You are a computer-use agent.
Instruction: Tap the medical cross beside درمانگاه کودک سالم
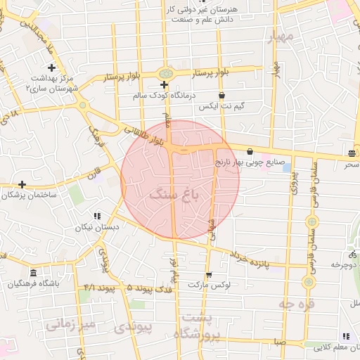click(164, 84)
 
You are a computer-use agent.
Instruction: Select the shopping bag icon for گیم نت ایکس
click(222, 95)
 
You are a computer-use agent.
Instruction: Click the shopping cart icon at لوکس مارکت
click(208, 275)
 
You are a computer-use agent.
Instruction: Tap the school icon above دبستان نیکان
click(97, 216)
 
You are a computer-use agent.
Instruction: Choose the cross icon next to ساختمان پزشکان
click(22, 184)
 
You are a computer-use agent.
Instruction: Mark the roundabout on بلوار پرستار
click(166, 73)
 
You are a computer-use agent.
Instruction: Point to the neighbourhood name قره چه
click(295, 304)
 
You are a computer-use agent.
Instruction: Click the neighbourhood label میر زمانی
click(70, 325)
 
